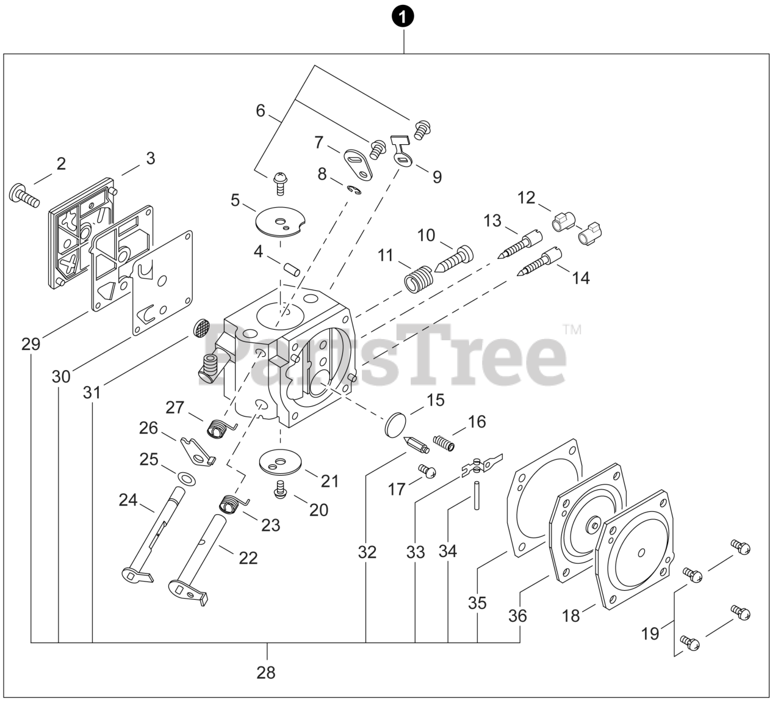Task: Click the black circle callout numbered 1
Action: pos(403,18)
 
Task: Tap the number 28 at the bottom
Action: pos(266,673)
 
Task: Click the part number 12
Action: pos(526,198)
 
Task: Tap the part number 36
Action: pos(517,616)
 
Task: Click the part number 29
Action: pos(31,344)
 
